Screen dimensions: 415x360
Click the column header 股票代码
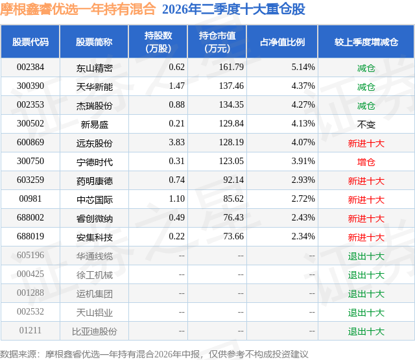pos(30,42)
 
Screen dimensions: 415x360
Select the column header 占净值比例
pos(282,42)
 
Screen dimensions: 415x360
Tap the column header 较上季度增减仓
pos(366,42)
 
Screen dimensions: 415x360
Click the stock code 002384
pos(30,67)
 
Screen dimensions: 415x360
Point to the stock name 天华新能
pos(95,86)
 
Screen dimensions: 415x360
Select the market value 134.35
pos(231,105)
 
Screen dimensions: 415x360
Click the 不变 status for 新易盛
pos(366,124)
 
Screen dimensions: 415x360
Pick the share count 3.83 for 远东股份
pos(176,143)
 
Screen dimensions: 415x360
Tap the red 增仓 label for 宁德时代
pos(366,162)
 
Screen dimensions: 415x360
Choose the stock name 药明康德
pos(95,180)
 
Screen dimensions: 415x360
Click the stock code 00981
pos(30,198)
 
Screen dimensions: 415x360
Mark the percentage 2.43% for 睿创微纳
pos(303,217)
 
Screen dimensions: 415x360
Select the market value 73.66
pos(233,236)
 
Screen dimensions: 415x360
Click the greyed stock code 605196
pos(30,255)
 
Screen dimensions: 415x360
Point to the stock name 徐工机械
pos(95,274)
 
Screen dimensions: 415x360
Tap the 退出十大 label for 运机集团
pos(366,293)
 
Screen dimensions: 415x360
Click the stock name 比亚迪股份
pos(95,331)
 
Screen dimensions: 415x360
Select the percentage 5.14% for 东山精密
pos(303,67)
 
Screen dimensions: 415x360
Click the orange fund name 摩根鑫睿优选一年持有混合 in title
pos(78,9)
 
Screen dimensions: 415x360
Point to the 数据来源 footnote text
pos(154,354)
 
